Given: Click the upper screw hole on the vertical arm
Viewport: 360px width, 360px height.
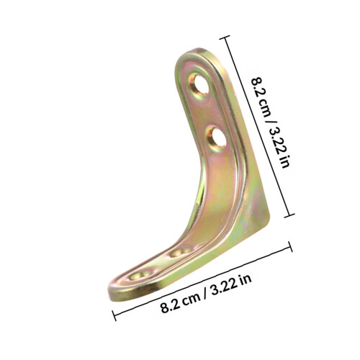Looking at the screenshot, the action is (x=199, y=85).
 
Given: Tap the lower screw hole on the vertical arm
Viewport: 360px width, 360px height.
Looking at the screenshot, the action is (x=217, y=138).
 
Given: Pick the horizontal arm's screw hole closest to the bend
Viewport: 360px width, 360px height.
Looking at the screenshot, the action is (x=181, y=252).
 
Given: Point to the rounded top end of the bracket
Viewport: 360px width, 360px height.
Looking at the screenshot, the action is (x=196, y=52).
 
